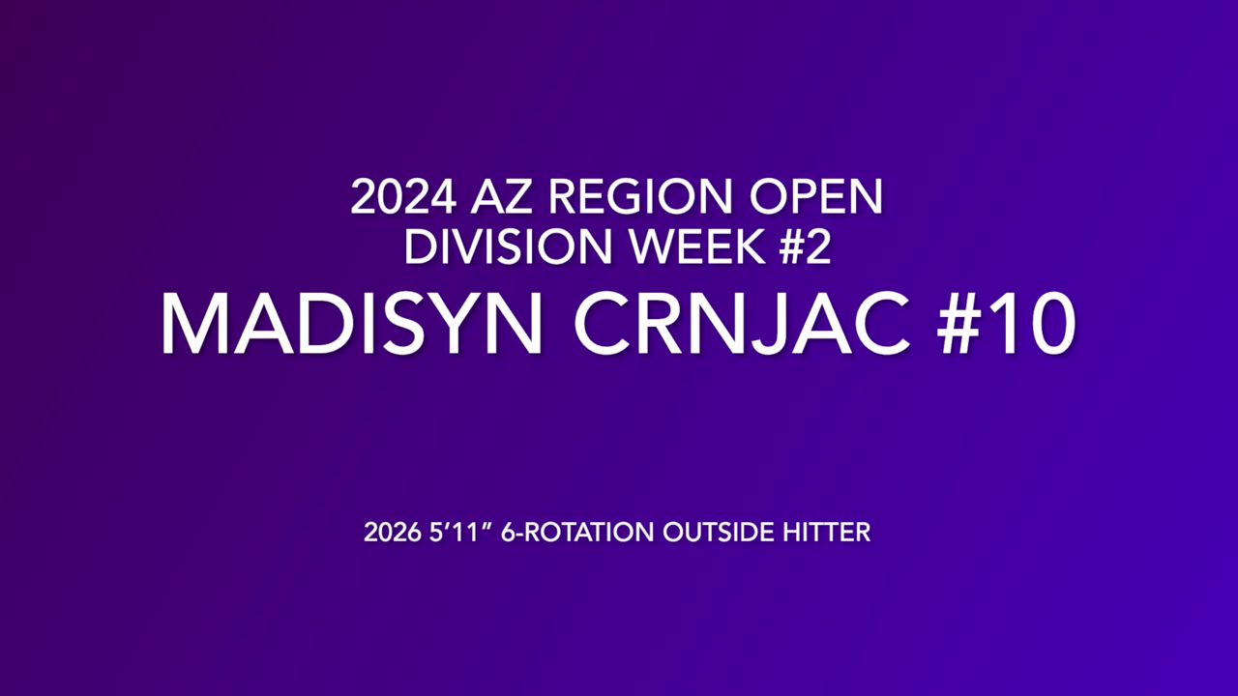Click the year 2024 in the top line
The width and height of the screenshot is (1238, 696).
[x=403, y=196]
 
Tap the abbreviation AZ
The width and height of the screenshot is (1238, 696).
[x=502, y=196]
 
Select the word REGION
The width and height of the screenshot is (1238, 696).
[x=640, y=196]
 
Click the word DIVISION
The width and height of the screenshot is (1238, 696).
[x=509, y=246]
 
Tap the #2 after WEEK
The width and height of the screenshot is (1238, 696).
[x=805, y=246]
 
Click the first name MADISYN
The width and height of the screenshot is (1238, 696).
[x=351, y=323]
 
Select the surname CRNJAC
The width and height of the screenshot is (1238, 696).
[x=742, y=323]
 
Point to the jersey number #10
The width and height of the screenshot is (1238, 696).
[x=1006, y=323]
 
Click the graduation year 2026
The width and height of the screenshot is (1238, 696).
[x=393, y=533]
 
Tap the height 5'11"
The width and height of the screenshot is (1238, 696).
[x=460, y=533]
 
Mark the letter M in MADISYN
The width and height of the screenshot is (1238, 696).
[x=195, y=324]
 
